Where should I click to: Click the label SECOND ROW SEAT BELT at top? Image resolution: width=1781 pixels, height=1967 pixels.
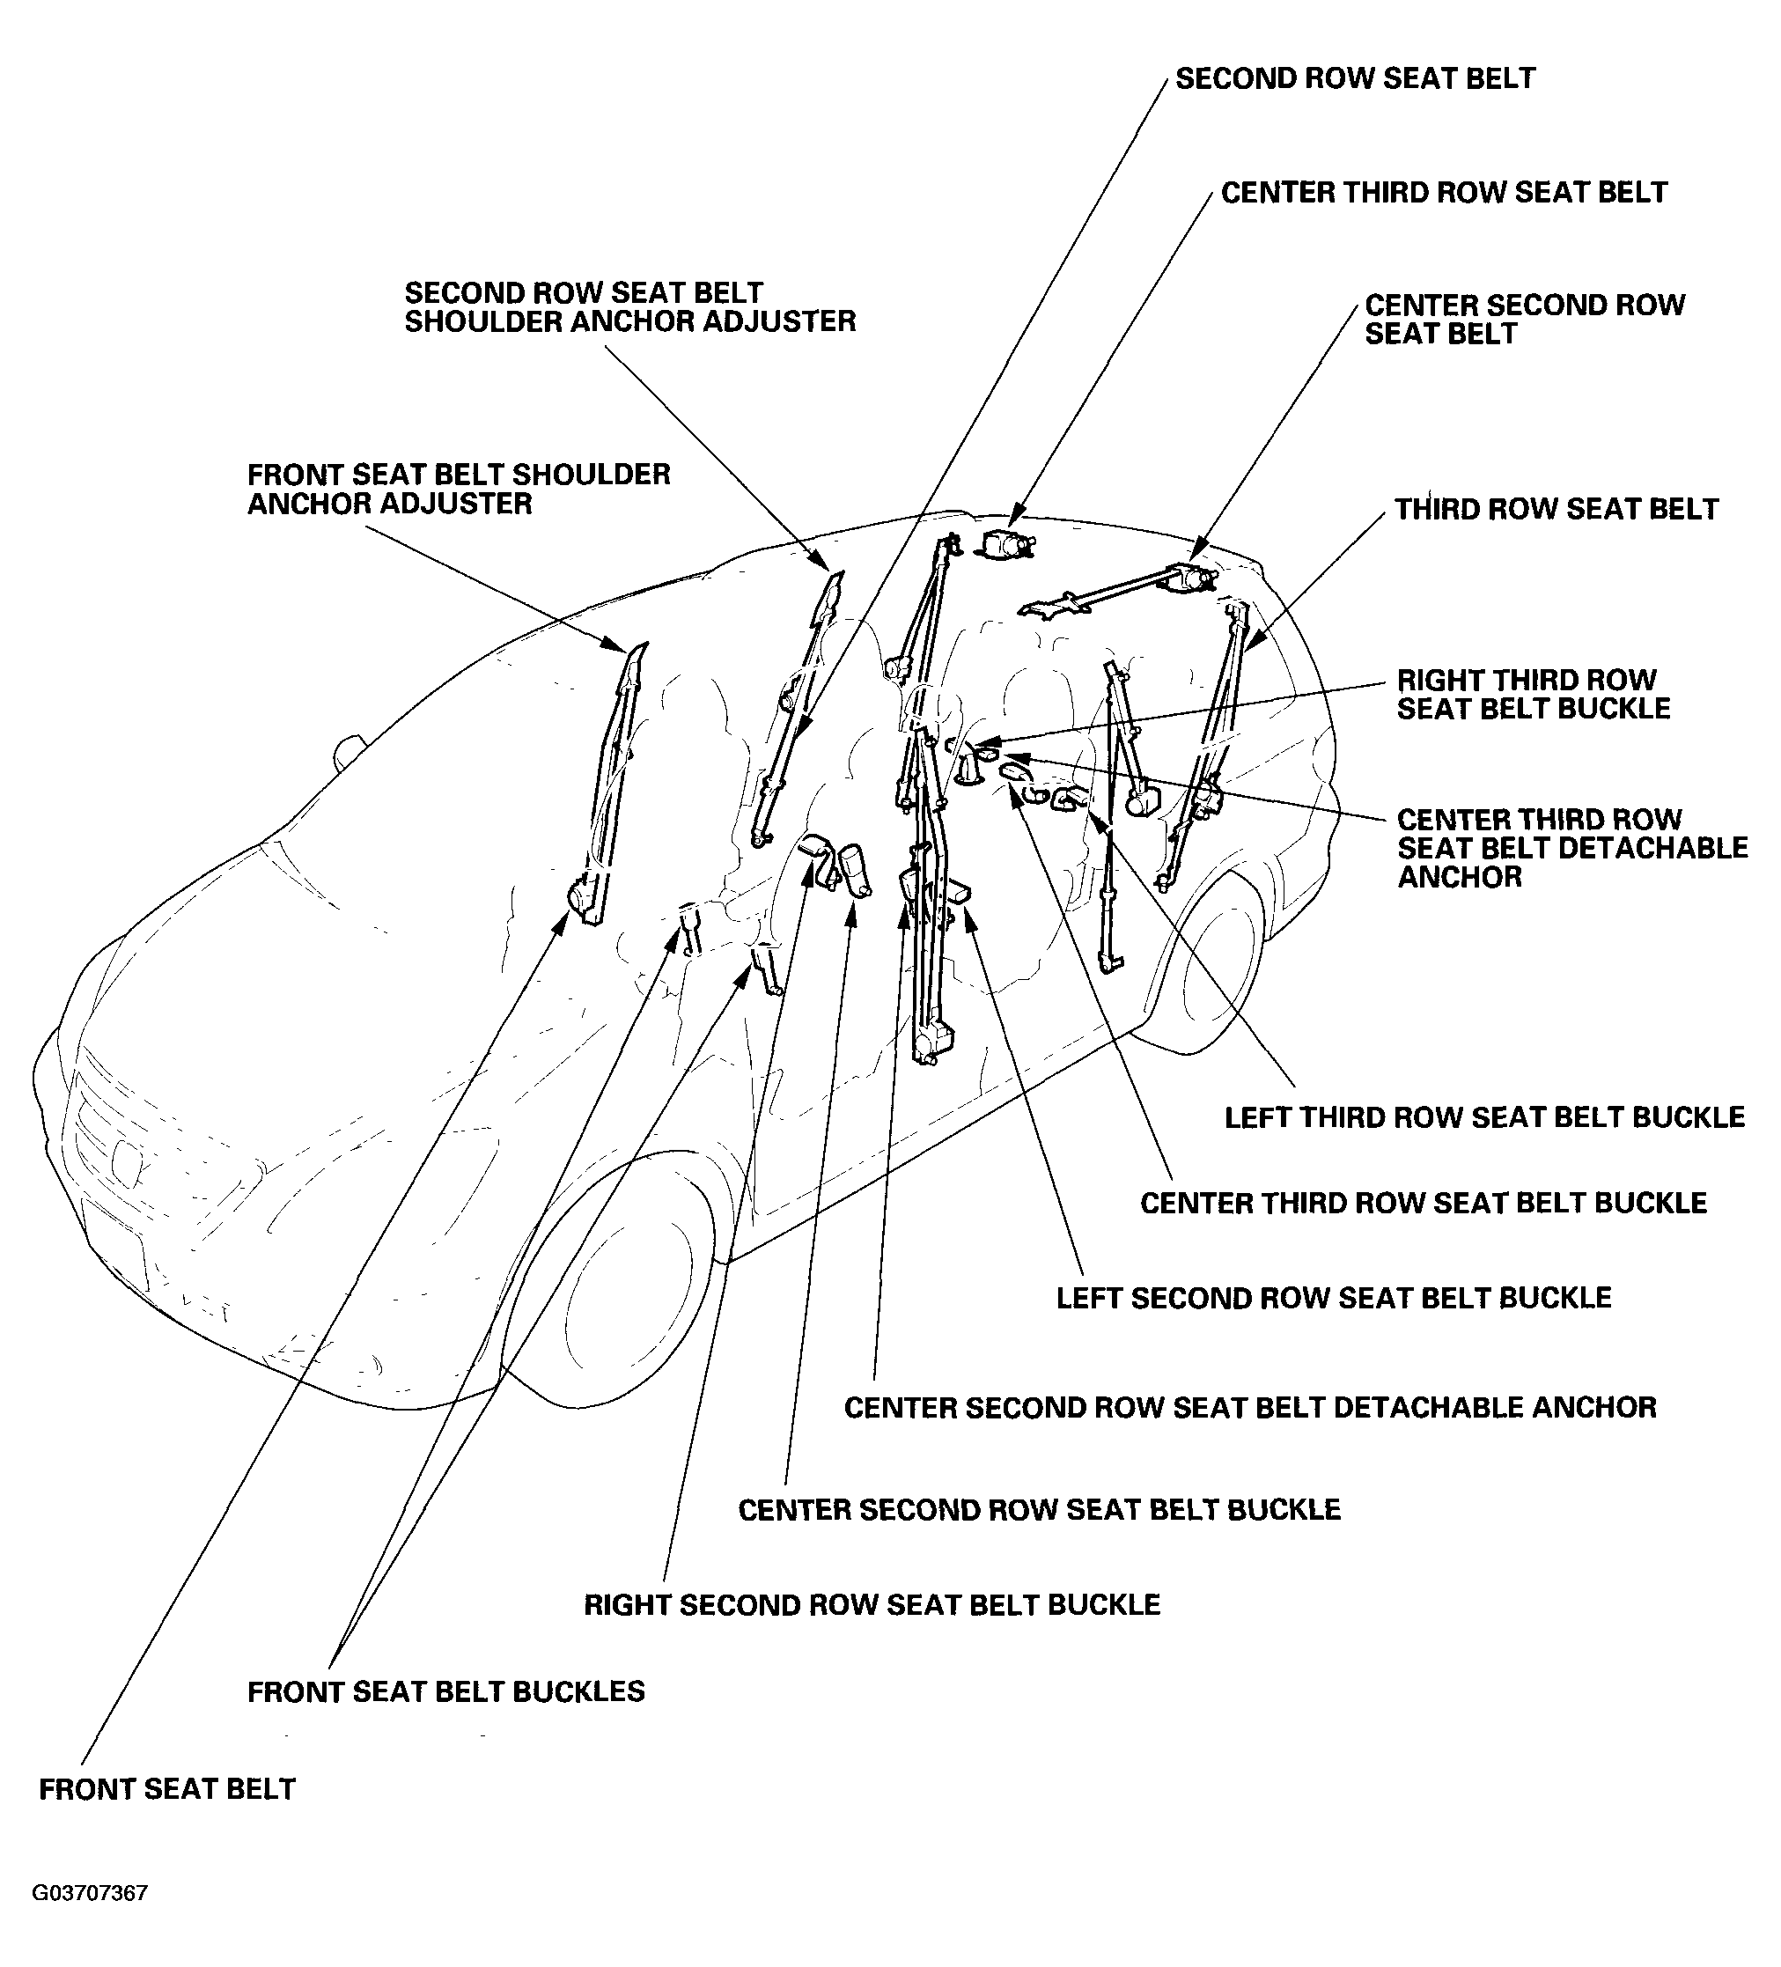click(x=1355, y=79)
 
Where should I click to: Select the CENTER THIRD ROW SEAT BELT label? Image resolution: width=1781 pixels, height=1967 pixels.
click(x=1444, y=192)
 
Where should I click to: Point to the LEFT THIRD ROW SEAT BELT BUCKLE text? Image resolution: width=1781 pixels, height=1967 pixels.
click(x=1483, y=1117)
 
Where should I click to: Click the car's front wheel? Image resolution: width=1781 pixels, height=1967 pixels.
click(x=624, y=1298)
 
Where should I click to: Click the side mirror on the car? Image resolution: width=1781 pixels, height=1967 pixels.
click(x=350, y=752)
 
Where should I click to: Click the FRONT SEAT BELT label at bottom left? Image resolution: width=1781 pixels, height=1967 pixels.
click(x=166, y=1789)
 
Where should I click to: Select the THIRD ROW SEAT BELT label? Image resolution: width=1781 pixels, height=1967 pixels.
click(x=1556, y=509)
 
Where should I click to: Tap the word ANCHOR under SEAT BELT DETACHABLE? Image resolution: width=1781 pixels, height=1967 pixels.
click(x=1459, y=877)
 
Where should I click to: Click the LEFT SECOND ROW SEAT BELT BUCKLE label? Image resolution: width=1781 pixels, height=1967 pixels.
click(x=1333, y=1298)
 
